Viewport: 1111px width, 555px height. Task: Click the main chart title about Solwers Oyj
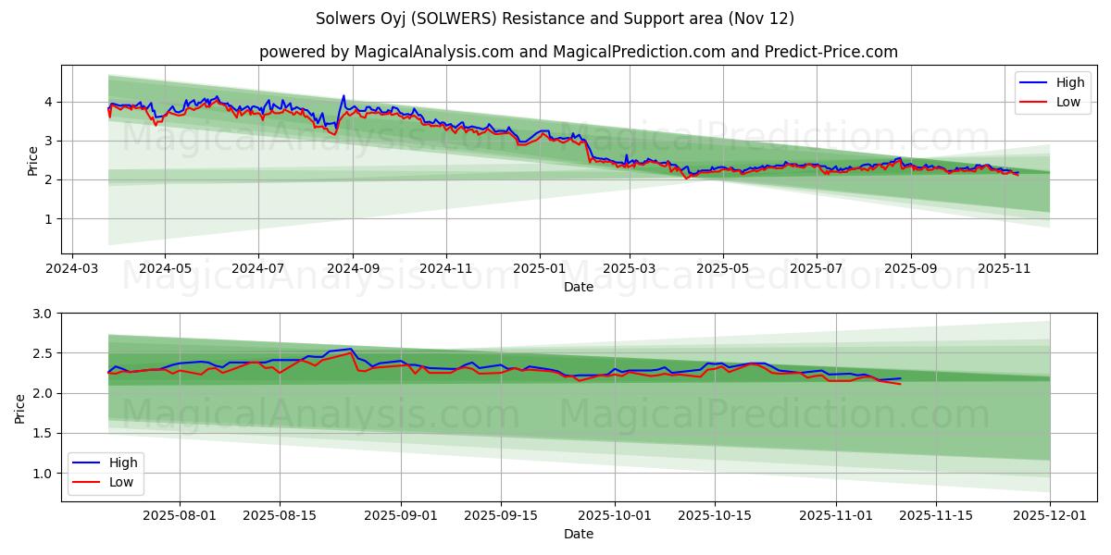(555, 18)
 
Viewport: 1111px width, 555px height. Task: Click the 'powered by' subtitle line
(578, 52)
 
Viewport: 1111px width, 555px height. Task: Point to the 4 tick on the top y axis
(49, 102)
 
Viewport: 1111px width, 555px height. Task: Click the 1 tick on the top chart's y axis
(49, 219)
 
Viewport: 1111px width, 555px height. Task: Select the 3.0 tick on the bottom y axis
(43, 314)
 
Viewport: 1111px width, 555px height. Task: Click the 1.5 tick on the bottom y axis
(43, 433)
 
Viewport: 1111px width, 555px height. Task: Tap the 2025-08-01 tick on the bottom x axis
(180, 516)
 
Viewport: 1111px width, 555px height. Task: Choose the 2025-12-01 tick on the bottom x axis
(1050, 516)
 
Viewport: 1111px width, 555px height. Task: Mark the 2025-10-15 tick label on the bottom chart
(715, 516)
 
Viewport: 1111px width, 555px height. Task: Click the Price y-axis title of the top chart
(32, 160)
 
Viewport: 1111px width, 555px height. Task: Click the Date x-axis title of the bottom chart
(579, 534)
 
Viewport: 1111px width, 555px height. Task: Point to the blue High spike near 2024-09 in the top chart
(343, 95)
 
